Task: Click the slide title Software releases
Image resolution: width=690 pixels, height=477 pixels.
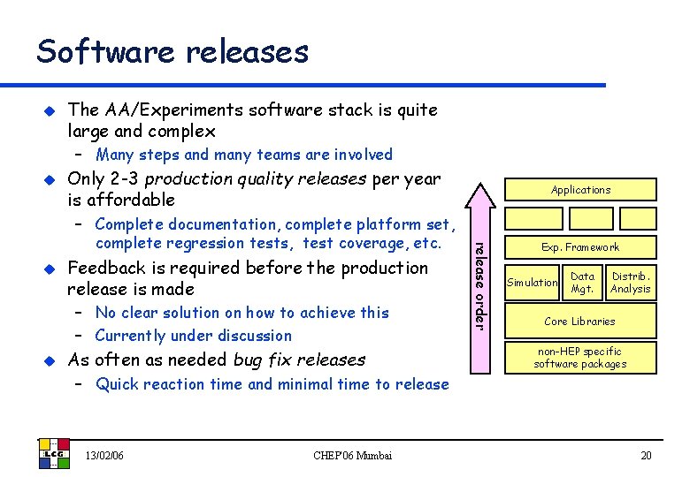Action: coord(172,51)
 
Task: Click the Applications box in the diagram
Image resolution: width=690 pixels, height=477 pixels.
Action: coord(580,190)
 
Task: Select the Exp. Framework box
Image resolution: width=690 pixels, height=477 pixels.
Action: coord(580,247)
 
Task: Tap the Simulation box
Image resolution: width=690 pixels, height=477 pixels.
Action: coord(532,283)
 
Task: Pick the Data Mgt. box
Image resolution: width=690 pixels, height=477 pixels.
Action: coord(582,283)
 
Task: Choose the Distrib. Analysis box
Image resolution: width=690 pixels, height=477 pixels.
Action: coord(631,283)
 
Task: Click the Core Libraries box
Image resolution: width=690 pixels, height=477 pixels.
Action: coord(580,321)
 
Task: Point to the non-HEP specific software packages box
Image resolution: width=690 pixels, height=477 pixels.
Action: coord(580,358)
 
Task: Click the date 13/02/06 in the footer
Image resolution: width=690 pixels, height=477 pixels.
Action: coord(104,456)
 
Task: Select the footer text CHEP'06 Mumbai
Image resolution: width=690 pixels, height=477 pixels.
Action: coord(354,456)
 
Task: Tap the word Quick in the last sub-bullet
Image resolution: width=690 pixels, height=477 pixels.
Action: coord(117,384)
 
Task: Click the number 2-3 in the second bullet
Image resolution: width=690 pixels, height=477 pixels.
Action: coord(122,179)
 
